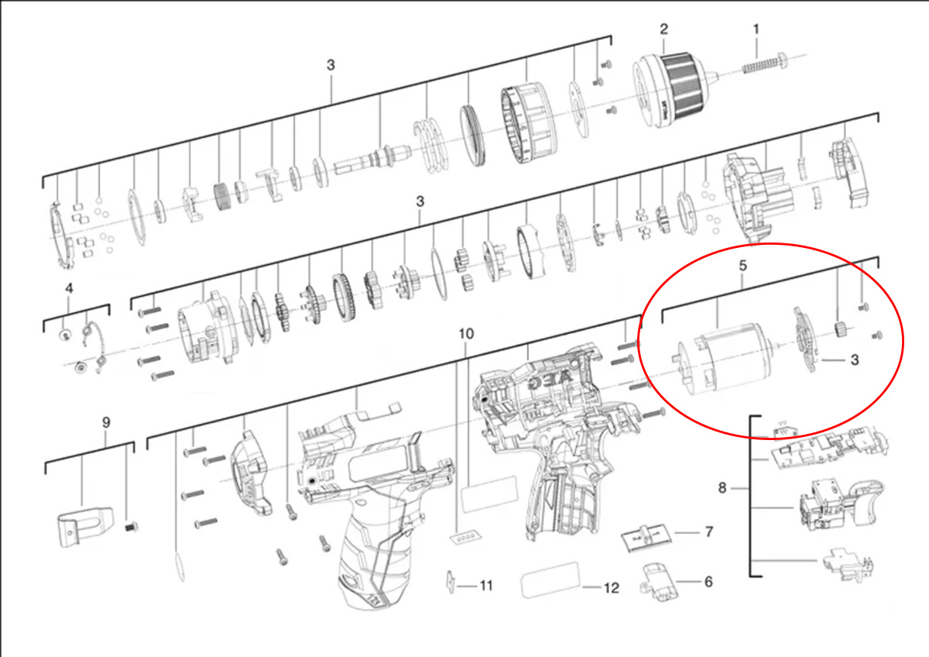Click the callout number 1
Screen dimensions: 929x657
coord(756,29)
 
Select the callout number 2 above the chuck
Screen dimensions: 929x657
coord(664,29)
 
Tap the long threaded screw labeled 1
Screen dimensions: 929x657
coord(764,63)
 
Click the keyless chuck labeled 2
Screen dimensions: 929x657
coord(675,90)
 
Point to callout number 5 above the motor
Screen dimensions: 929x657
coord(742,266)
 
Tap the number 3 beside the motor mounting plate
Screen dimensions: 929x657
coord(855,359)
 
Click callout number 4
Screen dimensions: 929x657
coord(69,288)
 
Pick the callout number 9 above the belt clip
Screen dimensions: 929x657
coord(106,422)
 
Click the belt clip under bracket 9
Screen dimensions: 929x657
coord(84,526)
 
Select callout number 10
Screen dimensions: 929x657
coord(466,334)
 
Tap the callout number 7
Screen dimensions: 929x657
coord(709,531)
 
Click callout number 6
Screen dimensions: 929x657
coord(708,582)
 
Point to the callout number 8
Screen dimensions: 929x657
coord(722,488)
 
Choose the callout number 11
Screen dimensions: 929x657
coord(486,586)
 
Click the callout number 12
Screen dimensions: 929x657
coord(612,588)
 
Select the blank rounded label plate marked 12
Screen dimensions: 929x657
coord(550,580)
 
